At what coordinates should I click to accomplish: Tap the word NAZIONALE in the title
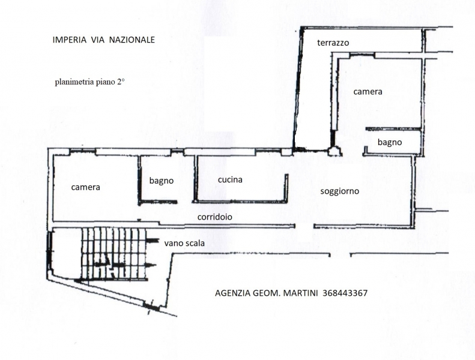pos(132,40)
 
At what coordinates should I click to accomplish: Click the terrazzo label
pos(333,43)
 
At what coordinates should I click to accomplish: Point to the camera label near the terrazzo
pos(368,92)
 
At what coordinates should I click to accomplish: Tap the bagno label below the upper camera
pos(390,142)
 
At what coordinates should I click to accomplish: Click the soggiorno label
pos(340,191)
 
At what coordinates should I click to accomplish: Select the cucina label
pos(230,179)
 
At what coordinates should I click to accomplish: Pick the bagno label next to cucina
pos(162,180)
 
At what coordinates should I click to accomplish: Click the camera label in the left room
pos(85,187)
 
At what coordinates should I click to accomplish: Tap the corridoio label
pos(215,217)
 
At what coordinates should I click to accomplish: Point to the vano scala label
pos(184,244)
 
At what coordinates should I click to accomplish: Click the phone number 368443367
pos(345,293)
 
